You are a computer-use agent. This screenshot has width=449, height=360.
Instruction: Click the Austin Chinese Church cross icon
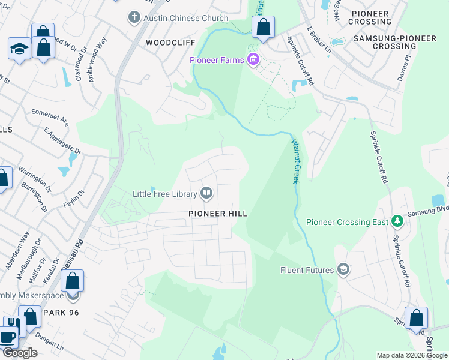pyautogui.click(x=134, y=18)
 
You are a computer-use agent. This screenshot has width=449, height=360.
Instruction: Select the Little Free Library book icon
pyautogui.click(x=206, y=193)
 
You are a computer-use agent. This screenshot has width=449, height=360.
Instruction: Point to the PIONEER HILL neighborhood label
pyautogui.click(x=217, y=213)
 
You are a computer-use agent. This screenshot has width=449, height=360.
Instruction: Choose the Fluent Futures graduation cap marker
pyautogui.click(x=343, y=269)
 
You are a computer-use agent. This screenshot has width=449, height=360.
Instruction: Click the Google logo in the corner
pyautogui.click(x=20, y=353)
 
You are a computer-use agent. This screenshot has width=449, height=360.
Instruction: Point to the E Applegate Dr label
pyautogui.click(x=63, y=142)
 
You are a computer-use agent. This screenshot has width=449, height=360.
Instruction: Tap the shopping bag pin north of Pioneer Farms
pyautogui.click(x=263, y=27)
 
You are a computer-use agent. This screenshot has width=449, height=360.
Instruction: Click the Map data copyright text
pyautogui.click(x=412, y=355)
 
